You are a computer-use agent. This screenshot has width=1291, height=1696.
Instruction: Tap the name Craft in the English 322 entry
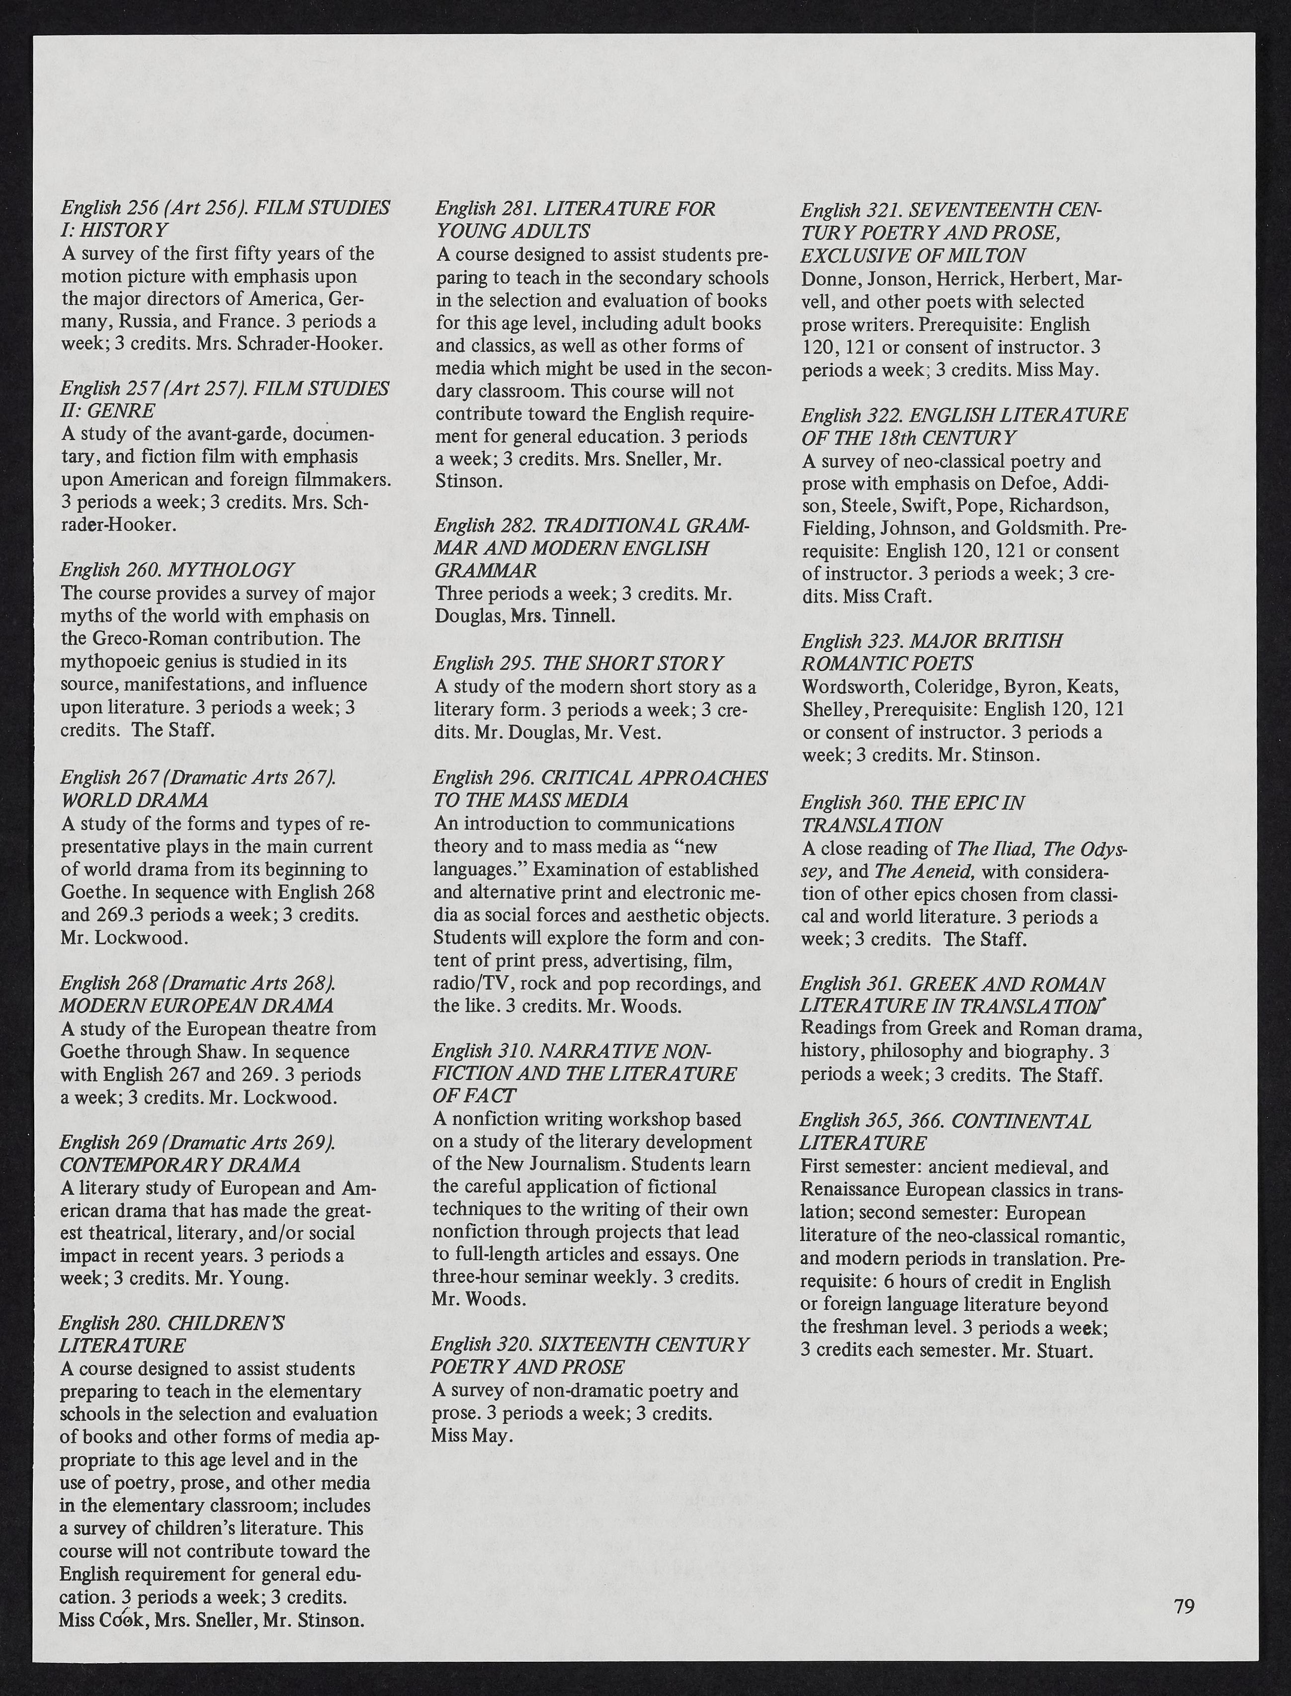click(x=907, y=596)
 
